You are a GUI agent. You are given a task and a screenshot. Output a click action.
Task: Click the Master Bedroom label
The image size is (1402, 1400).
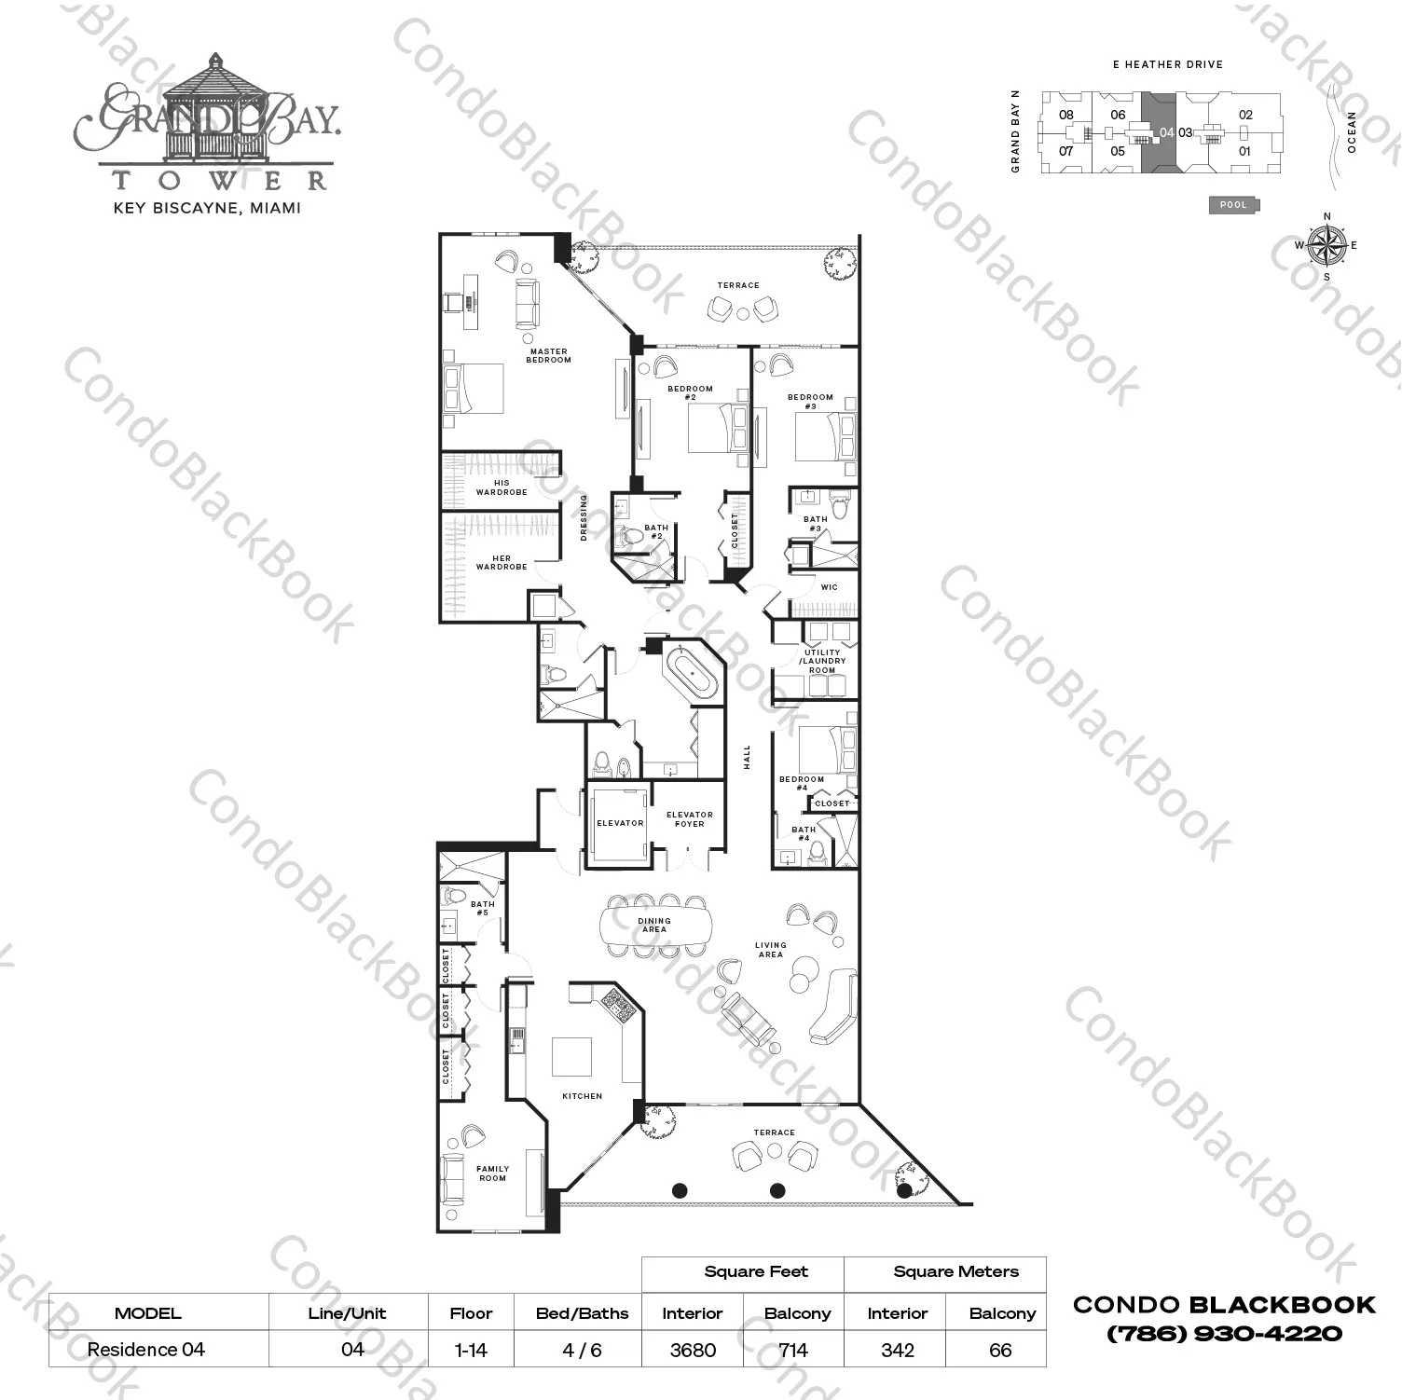point(548,356)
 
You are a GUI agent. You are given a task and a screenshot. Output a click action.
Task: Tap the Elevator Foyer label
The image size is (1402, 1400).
point(690,819)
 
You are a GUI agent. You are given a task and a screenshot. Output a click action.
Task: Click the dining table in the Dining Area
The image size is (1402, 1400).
point(654,925)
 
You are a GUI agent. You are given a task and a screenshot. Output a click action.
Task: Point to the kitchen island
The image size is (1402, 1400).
point(571,1057)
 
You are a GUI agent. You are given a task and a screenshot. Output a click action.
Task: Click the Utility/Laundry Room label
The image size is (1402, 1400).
point(821,661)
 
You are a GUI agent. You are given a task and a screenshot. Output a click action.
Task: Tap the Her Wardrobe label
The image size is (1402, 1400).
point(502,563)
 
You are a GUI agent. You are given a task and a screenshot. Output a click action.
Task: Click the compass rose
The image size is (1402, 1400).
point(1326,245)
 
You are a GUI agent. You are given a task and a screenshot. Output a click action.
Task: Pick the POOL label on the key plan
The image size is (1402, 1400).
point(1233,205)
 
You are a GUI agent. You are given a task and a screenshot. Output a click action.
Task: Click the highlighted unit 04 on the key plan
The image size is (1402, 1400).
point(1159,132)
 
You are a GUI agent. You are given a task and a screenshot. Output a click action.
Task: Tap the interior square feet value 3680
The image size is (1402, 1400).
point(693,1350)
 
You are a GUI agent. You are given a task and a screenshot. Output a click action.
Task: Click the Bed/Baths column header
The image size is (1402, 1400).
point(582,1313)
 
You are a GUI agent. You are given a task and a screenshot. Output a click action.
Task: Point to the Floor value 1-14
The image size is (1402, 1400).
point(471,1350)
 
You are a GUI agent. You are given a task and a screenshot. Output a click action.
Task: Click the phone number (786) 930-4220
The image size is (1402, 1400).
point(1224,1334)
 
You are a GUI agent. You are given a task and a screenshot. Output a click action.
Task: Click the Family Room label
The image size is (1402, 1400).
point(492,1173)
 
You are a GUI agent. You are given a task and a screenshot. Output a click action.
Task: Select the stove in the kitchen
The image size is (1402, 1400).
point(616,1004)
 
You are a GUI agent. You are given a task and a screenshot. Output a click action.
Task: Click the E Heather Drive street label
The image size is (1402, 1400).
point(1167,64)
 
